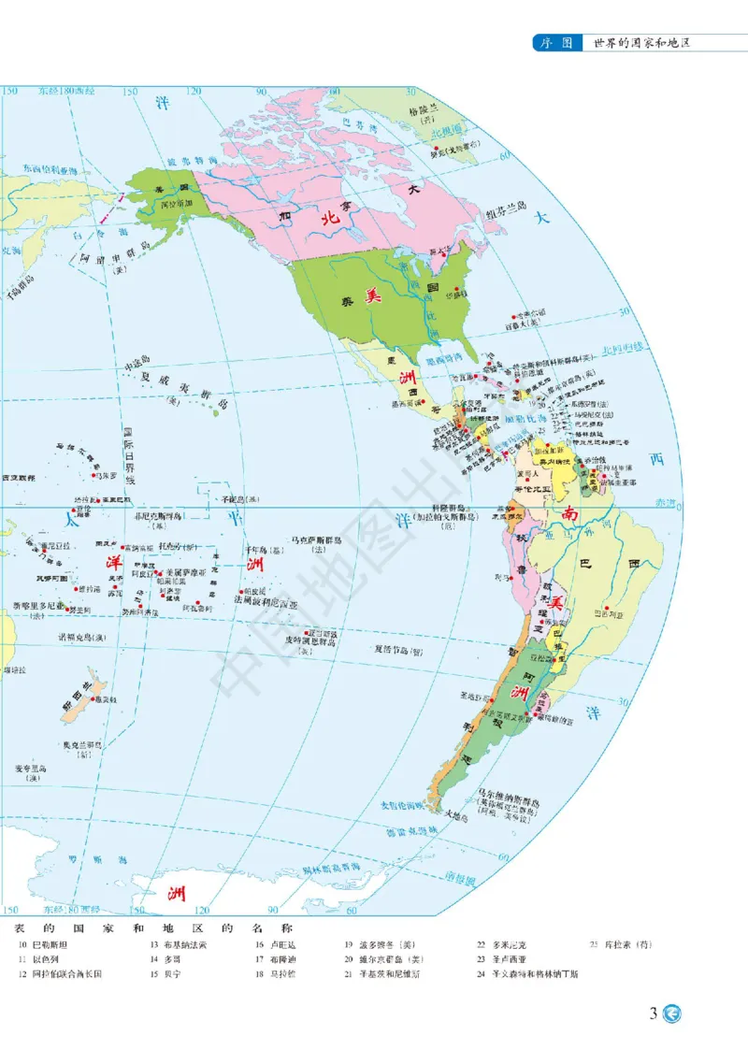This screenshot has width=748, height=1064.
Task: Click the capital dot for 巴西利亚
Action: [x=609, y=609]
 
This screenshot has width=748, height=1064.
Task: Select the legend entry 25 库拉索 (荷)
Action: [x=621, y=945]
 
